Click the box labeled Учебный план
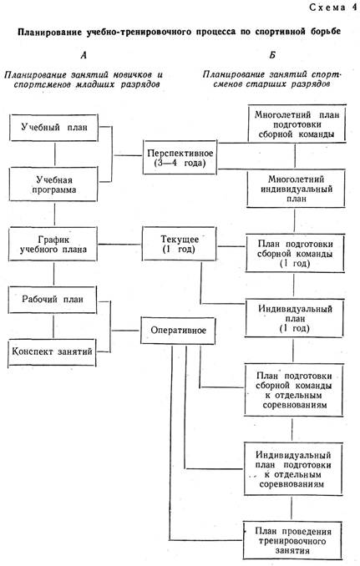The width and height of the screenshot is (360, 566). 53,128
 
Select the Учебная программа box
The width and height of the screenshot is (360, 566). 53,184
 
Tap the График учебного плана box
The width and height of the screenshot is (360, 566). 53,244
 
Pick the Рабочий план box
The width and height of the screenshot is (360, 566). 53,300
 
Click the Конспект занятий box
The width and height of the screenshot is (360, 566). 52,352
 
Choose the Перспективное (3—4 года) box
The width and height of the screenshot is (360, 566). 180,158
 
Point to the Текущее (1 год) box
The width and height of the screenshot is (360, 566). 179,244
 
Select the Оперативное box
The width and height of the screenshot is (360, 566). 178,331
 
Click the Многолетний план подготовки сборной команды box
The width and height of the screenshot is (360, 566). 297,124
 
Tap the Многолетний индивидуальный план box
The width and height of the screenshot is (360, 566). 296,189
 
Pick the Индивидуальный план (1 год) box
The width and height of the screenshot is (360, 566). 294,318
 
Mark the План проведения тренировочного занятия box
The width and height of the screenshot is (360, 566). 292,540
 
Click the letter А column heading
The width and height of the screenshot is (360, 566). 84,55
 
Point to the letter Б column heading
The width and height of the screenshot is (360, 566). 272,55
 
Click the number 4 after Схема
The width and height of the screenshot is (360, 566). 354,8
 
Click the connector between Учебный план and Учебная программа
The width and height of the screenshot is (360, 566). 55,154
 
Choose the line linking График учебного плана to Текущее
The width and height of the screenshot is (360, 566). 120,245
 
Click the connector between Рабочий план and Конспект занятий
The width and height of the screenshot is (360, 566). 53,326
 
